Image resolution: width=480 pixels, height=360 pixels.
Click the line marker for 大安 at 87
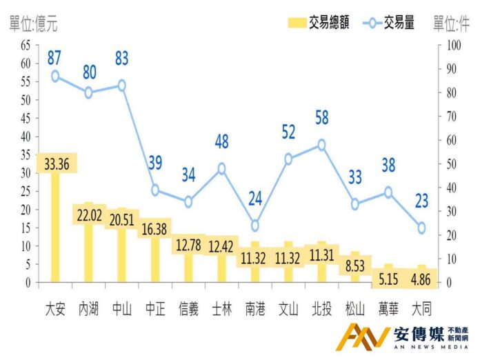tap(55, 77)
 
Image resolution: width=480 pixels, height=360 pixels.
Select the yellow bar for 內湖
tap(88, 255)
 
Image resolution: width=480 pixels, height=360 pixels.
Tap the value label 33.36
tap(55, 163)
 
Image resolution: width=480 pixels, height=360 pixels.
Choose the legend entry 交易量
tap(390, 23)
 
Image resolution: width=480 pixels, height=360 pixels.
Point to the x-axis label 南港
tap(254, 308)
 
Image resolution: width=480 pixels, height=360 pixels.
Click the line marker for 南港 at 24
tap(254, 226)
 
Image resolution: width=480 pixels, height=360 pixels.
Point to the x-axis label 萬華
tap(388, 308)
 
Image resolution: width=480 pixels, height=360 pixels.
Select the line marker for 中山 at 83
tap(121, 86)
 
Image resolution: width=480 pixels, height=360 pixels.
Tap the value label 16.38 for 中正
tap(154, 229)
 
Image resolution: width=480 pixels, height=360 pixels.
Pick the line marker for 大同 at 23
tap(421, 228)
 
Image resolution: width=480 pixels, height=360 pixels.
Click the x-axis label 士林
tap(221, 308)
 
